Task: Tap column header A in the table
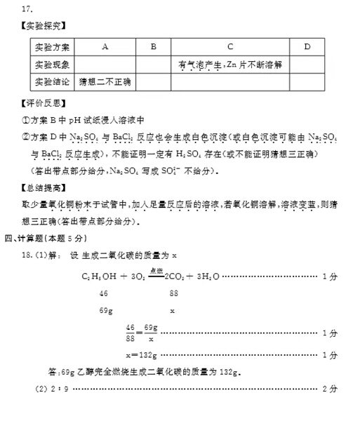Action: pyautogui.click(x=105, y=46)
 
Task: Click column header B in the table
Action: pyautogui.click(x=154, y=46)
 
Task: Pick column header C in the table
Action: pyautogui.click(x=230, y=46)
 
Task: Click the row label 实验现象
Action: pyautogui.click(x=53, y=65)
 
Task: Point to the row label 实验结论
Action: pyautogui.click(x=53, y=82)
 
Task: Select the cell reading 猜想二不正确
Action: pyautogui.click(x=105, y=82)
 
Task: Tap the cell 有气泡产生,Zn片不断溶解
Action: pyautogui.click(x=230, y=65)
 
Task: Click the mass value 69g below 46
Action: pyautogui.click(x=106, y=309)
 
